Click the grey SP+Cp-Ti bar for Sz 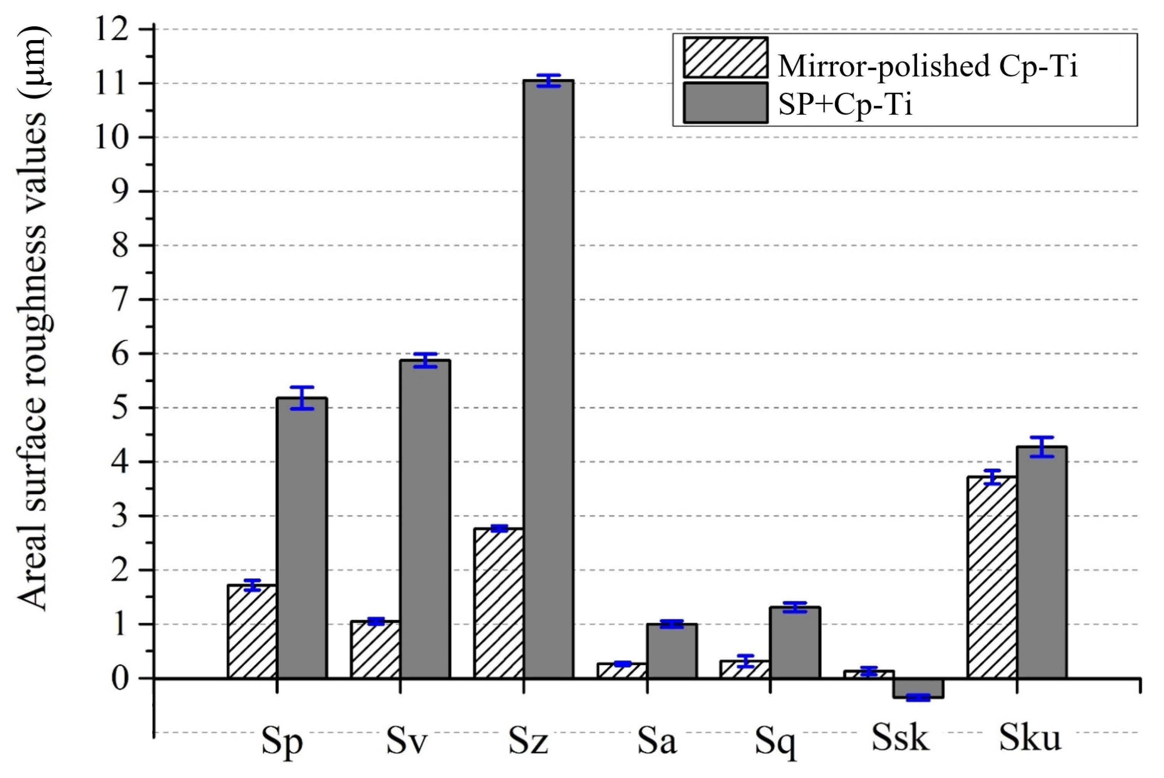coord(548,380)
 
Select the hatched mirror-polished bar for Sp coord(252,632)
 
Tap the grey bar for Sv coord(425,519)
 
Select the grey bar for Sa coord(671,651)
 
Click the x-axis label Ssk coord(900,738)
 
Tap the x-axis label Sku coord(1030,738)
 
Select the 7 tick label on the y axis coord(121,300)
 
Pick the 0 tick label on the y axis coord(121,678)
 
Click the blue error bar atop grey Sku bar coord(1042,447)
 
